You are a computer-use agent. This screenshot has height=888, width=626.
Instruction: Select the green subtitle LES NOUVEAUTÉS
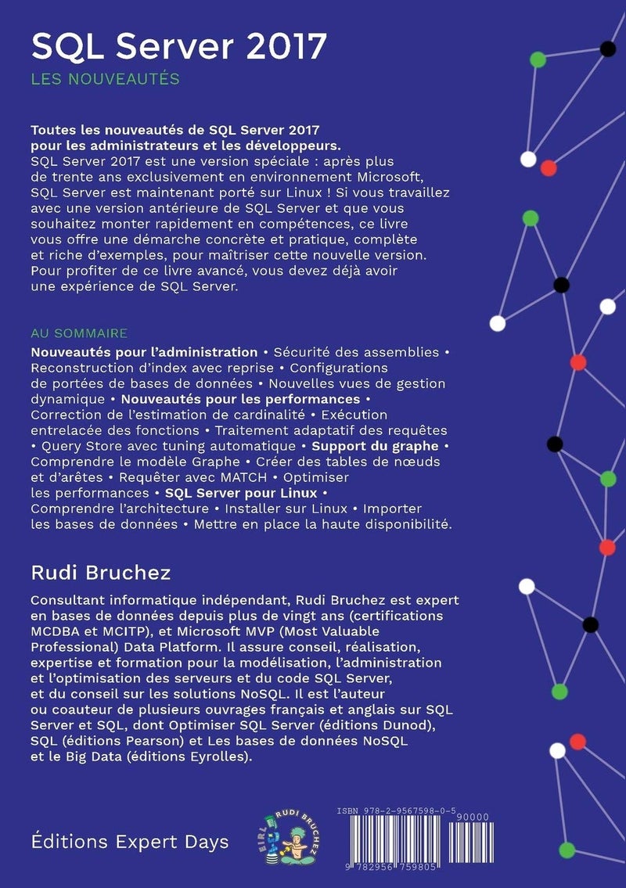tap(106, 79)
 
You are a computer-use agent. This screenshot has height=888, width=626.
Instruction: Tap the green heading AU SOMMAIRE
tap(79, 333)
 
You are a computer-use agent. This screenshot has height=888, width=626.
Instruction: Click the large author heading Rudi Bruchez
tap(101, 572)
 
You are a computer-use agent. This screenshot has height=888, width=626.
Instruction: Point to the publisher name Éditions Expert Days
tap(130, 842)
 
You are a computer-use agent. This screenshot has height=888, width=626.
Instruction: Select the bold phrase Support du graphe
tap(375, 445)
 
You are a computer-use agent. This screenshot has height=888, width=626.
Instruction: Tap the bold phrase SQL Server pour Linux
tap(240, 493)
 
